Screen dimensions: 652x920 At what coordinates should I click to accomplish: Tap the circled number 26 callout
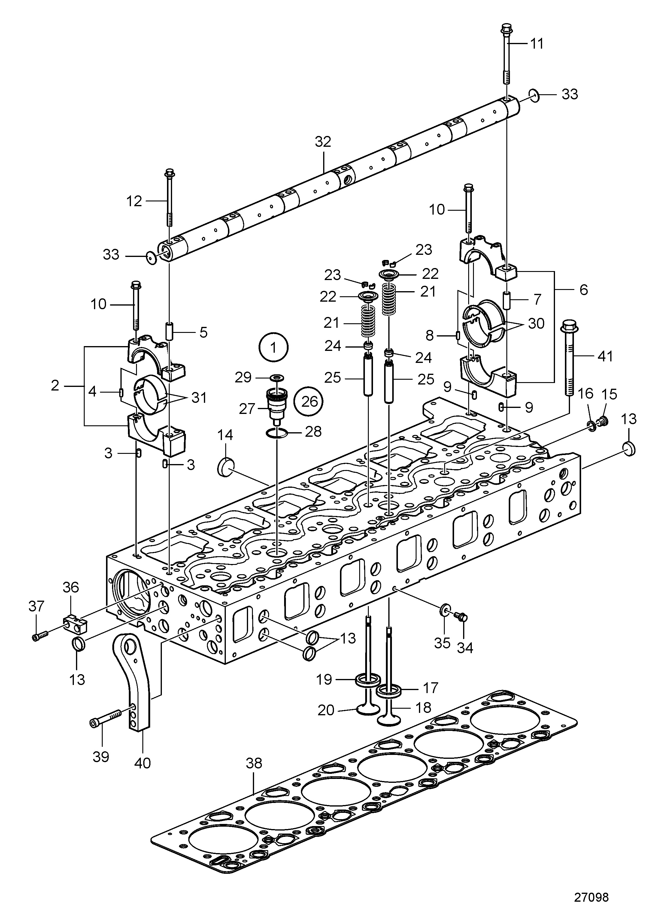click(x=309, y=401)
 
